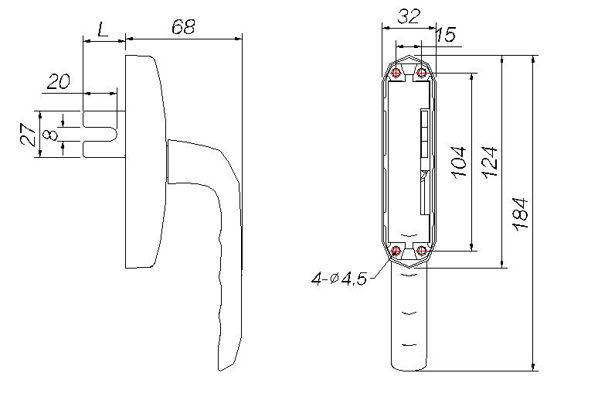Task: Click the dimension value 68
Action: coord(183,27)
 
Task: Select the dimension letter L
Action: coord(103,29)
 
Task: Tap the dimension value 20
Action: coord(59,81)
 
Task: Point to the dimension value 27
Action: coord(29,134)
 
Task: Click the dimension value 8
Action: coord(51,134)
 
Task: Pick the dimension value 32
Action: coord(409,16)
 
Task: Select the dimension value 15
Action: coord(445,34)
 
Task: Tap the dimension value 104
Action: coord(459,162)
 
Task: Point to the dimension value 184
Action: coord(520,214)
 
